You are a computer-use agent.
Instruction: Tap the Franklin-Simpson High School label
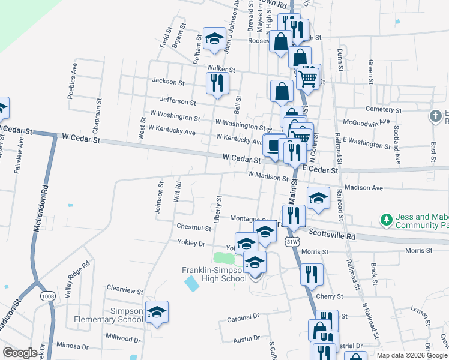(x=214, y=274)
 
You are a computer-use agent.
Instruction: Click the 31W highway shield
(x=291, y=241)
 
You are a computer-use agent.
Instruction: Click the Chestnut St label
(x=193, y=228)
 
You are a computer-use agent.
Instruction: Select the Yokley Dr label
(x=191, y=244)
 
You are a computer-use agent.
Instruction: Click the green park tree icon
(x=388, y=220)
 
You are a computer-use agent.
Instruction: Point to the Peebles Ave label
(x=74, y=75)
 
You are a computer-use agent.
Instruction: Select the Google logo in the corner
(x=20, y=353)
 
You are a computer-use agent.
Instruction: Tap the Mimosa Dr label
(x=72, y=346)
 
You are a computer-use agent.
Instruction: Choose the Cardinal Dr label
(x=243, y=316)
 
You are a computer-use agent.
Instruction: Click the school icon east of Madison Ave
(x=318, y=197)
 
